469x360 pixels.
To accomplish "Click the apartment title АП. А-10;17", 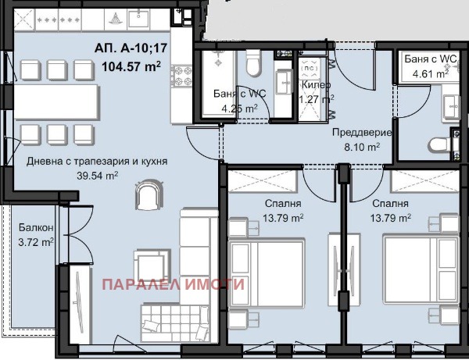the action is tap(131, 48).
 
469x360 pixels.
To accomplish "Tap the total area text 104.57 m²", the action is tap(131, 66).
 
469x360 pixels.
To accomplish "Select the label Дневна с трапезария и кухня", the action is tap(97, 162).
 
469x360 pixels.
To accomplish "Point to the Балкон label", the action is tap(36, 228).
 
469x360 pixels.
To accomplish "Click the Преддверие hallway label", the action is tap(362, 132).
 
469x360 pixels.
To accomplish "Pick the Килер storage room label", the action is tap(316, 85).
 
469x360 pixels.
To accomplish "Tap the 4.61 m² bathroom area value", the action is tap(431, 73).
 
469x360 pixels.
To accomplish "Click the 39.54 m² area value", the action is tap(97, 176).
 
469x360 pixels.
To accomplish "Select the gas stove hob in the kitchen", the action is tap(181, 76).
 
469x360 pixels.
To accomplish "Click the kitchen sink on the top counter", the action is tap(139, 19).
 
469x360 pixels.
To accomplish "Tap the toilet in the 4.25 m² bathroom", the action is tap(253, 62).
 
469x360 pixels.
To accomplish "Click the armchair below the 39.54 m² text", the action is tap(149, 194).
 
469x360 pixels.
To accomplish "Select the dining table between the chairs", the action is tap(56, 102).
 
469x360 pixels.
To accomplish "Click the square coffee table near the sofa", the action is tap(152, 265).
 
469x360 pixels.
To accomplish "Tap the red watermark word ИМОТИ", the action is tap(214, 284).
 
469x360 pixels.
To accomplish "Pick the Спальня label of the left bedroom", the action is tap(283, 204).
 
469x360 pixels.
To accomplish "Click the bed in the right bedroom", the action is tap(421, 269).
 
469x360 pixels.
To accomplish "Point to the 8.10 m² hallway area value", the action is tap(362, 147).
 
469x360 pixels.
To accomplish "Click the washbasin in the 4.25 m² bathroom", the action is tap(284, 82).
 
